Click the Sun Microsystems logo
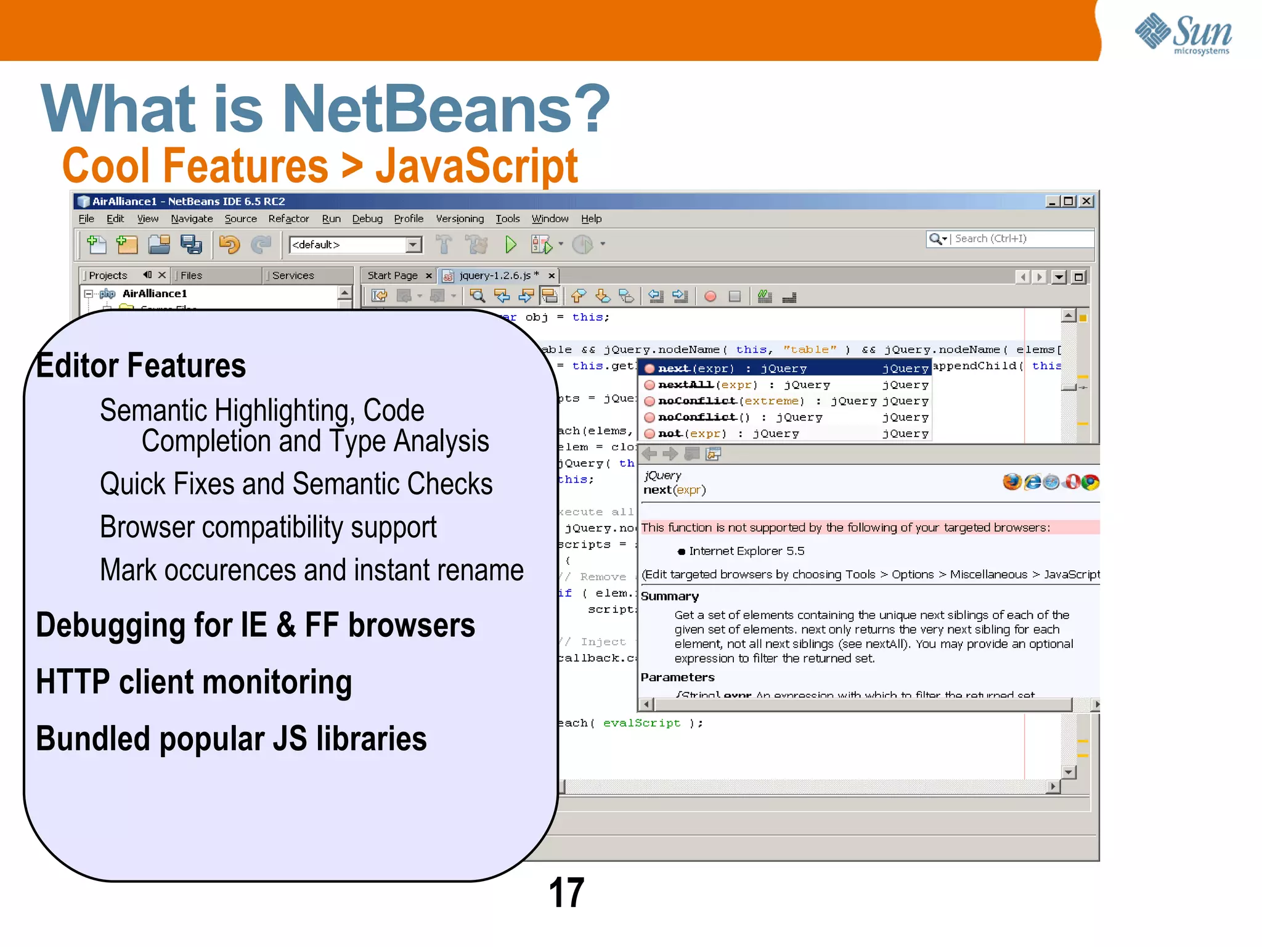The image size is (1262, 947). (x=1183, y=34)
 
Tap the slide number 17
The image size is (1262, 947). (x=566, y=892)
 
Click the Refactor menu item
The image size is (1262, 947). (x=288, y=219)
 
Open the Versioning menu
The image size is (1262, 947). (x=460, y=219)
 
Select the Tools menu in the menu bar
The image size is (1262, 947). (x=507, y=219)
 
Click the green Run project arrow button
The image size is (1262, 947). (x=510, y=245)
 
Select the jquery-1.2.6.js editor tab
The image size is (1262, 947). (x=499, y=276)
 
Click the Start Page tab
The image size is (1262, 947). (x=393, y=276)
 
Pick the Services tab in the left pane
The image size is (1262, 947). (x=293, y=276)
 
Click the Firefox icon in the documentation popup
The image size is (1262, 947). (x=1011, y=482)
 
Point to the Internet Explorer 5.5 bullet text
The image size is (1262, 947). (x=746, y=551)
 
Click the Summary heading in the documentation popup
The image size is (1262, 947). (x=670, y=596)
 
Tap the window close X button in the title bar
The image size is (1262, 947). (x=1087, y=201)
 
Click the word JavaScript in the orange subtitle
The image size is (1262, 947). (x=476, y=166)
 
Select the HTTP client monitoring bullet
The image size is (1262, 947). (x=194, y=682)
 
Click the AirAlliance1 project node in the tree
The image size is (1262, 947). (x=154, y=293)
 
